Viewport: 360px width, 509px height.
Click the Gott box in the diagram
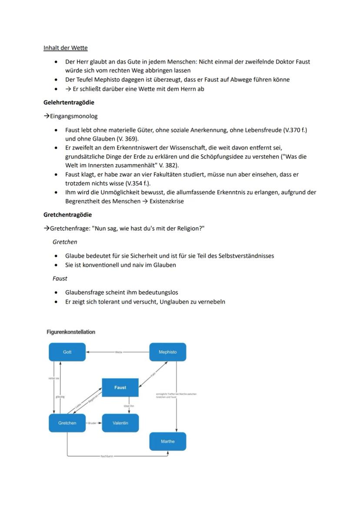(x=67, y=352)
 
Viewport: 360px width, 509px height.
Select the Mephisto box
(x=167, y=352)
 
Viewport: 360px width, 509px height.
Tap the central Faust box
(x=120, y=387)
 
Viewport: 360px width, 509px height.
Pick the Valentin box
(x=120, y=423)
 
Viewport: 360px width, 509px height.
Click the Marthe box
(x=167, y=441)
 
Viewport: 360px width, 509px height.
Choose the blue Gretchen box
(x=67, y=423)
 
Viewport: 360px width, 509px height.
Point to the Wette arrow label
(x=118, y=352)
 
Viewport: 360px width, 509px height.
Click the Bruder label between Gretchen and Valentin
(x=93, y=423)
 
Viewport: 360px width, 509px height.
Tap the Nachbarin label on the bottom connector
(x=107, y=456)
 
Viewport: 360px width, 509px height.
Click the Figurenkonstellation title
(x=71, y=332)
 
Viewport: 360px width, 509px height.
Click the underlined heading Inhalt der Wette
(x=65, y=48)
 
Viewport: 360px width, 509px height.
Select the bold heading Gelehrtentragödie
(x=69, y=103)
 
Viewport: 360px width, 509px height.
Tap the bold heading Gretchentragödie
(x=67, y=215)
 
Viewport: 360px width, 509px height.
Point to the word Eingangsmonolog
(x=73, y=116)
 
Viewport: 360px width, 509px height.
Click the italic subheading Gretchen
(x=64, y=242)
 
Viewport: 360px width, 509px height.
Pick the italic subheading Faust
(x=60, y=278)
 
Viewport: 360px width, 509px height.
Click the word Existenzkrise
(x=167, y=201)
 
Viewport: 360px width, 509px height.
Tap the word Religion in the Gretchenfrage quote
(x=188, y=228)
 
